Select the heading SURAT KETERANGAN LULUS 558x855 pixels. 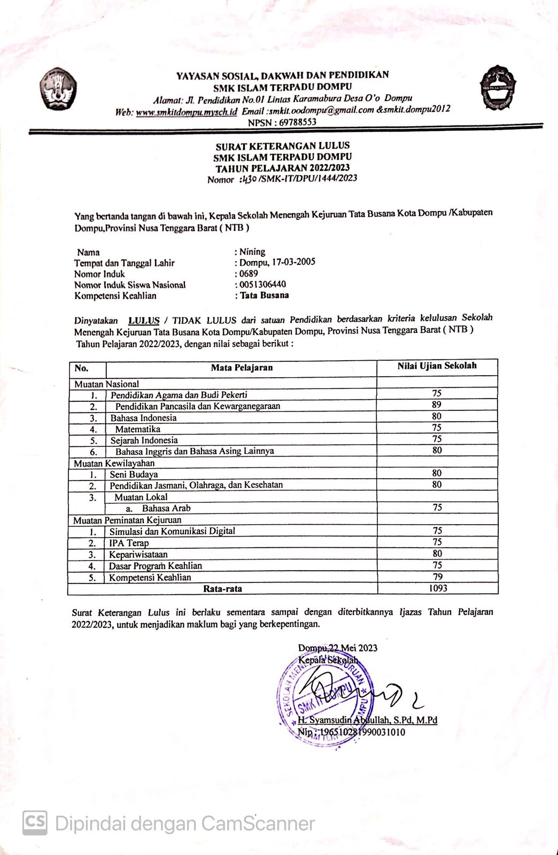coord(283,145)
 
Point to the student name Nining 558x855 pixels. coord(252,252)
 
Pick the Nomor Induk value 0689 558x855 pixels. coord(249,274)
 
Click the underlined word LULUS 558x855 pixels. coord(144,321)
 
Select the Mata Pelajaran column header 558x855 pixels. coord(242,368)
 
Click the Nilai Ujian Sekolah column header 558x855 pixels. coord(437,366)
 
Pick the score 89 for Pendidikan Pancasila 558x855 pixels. coord(437,405)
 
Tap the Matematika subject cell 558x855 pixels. coord(138,429)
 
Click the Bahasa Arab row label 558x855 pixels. coord(166,508)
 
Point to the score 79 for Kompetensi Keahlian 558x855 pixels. coord(437,577)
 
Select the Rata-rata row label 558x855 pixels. coord(222,589)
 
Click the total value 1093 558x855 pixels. coord(438,588)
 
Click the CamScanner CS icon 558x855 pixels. coord(34,823)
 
